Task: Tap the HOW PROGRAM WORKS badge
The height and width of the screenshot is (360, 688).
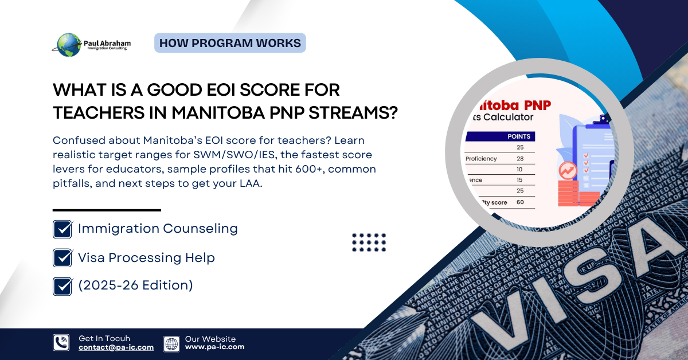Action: pyautogui.click(x=230, y=43)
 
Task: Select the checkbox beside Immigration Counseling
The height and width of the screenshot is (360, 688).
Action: pyautogui.click(x=62, y=229)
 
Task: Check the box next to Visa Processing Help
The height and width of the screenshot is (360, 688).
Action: pyautogui.click(x=62, y=258)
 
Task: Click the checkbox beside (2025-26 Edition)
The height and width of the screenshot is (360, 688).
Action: pyautogui.click(x=62, y=286)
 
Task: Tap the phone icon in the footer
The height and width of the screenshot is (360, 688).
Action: pyautogui.click(x=61, y=343)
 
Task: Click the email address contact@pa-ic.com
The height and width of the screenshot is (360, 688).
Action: pyautogui.click(x=116, y=347)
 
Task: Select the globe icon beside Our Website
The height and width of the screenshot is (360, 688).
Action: pyautogui.click(x=171, y=343)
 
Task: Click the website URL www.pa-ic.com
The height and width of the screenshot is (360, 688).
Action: pyautogui.click(x=214, y=347)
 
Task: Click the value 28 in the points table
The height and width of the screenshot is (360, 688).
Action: pyautogui.click(x=519, y=158)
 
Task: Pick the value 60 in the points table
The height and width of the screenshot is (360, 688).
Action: pyautogui.click(x=519, y=202)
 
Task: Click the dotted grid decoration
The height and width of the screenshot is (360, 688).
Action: pyautogui.click(x=369, y=242)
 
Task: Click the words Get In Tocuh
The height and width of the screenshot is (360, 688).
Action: pyautogui.click(x=104, y=339)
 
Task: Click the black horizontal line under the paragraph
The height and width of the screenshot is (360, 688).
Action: pyautogui.click(x=107, y=210)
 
